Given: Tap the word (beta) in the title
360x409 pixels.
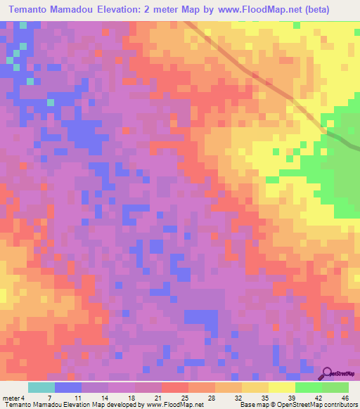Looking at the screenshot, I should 300,11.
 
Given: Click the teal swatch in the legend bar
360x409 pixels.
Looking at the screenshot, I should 41,387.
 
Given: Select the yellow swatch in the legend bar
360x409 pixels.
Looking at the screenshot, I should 281,387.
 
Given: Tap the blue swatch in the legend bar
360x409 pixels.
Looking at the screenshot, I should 68,387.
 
